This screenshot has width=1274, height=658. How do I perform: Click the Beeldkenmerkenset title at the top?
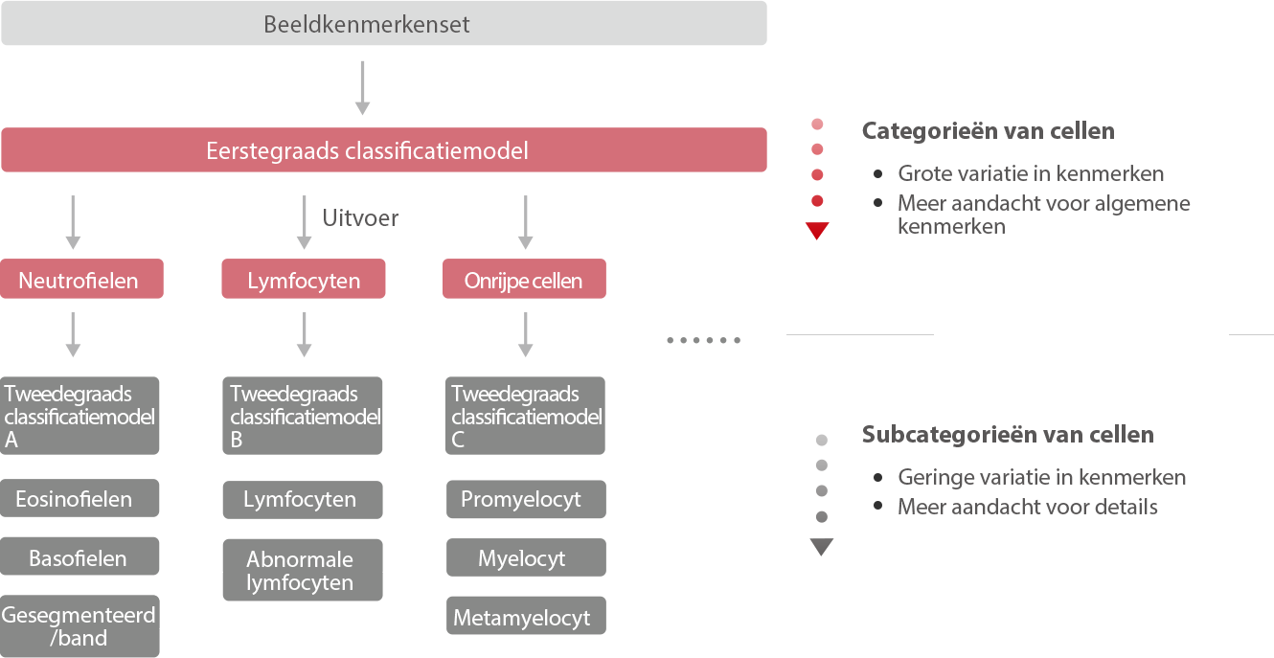[x=367, y=25]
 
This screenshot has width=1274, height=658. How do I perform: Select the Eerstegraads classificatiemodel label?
[x=367, y=151]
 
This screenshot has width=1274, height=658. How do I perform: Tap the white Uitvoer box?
[x=356, y=217]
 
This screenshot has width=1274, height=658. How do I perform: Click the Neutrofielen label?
[x=79, y=282]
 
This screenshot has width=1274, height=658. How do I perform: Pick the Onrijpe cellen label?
[x=523, y=282]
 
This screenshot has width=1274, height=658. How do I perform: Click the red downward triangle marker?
[x=817, y=231]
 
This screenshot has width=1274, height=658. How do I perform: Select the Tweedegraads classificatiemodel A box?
[x=80, y=417]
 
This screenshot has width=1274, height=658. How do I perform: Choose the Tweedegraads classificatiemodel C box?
[x=527, y=417]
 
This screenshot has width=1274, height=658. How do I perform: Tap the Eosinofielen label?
[x=74, y=500]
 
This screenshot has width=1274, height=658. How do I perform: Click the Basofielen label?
[x=78, y=559]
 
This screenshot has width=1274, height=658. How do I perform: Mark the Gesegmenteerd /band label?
[x=79, y=626]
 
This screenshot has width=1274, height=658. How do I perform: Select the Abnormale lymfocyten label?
[x=300, y=571]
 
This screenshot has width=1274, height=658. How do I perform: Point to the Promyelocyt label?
[x=521, y=500]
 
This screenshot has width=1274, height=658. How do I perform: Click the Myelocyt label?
[x=522, y=559]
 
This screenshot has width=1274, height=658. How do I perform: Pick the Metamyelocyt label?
[x=522, y=619]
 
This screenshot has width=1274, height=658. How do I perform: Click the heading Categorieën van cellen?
[x=988, y=131]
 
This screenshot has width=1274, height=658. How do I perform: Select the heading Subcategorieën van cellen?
[x=1008, y=435]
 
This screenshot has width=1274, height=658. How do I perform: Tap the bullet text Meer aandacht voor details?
[x=1028, y=508]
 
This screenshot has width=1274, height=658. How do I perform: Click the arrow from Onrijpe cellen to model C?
[x=525, y=334]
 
